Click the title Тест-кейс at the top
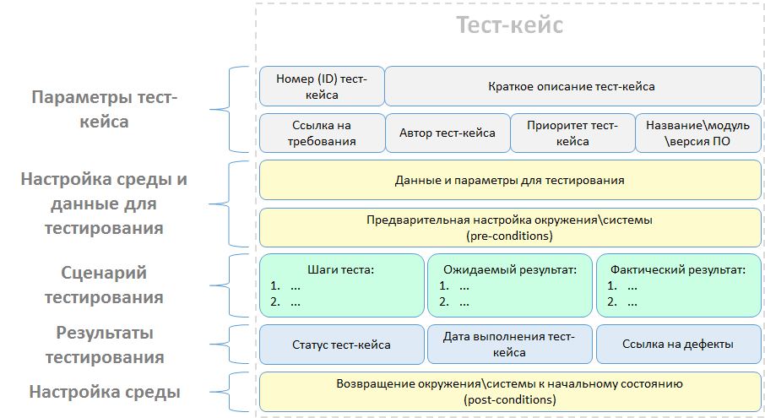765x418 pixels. [510, 25]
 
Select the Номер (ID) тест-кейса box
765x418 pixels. [321, 86]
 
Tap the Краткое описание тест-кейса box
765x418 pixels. [572, 86]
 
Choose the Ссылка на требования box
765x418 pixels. [321, 133]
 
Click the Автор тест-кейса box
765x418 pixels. [447, 133]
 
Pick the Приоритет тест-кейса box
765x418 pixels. [572, 133]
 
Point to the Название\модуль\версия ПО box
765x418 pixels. [697, 133]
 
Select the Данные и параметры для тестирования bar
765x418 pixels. [509, 180]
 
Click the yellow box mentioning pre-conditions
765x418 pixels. [509, 227]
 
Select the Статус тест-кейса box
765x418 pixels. [341, 344]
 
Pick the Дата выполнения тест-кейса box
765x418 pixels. [509, 344]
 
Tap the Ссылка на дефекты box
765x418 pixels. [678, 344]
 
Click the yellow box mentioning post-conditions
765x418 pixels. [509, 391]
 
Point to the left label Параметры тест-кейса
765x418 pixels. [104, 110]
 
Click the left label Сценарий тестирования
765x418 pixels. [104, 285]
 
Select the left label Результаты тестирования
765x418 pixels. [104, 345]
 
